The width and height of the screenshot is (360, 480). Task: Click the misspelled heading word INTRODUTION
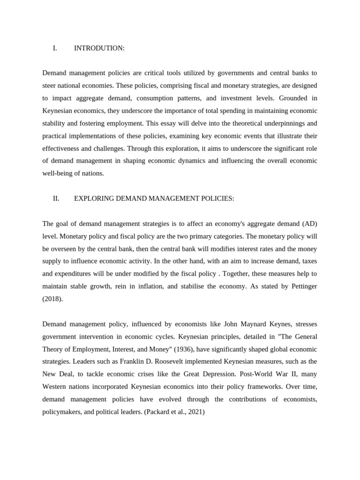click(x=99, y=48)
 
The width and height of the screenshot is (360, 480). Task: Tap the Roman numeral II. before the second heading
click(x=56, y=198)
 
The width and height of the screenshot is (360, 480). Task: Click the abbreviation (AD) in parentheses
click(x=309, y=223)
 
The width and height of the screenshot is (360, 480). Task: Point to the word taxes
click(x=307, y=261)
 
